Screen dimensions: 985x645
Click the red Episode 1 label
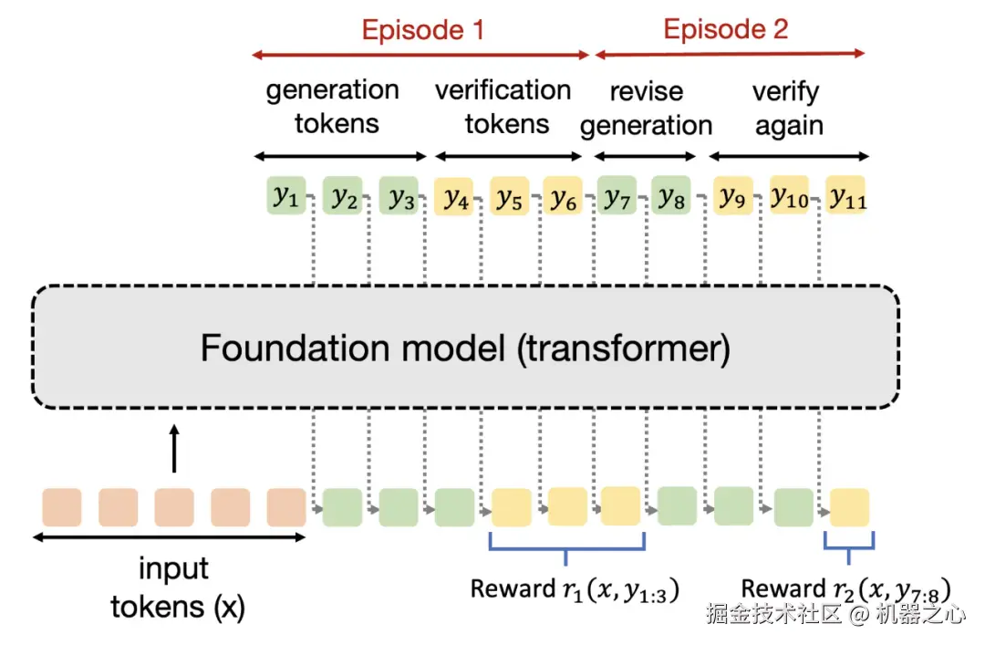pyautogui.click(x=423, y=30)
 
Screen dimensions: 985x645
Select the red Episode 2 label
pyautogui.click(x=726, y=29)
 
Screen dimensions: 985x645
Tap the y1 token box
pyautogui.click(x=285, y=195)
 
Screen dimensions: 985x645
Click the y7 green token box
pyautogui.click(x=617, y=195)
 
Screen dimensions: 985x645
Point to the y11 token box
pyautogui.click(x=845, y=195)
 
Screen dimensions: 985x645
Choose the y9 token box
pyautogui.click(x=733, y=196)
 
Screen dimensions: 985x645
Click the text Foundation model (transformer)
pyautogui.click(x=465, y=348)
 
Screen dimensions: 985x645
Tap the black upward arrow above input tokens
pyautogui.click(x=174, y=448)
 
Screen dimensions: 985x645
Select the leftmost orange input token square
pyautogui.click(x=62, y=506)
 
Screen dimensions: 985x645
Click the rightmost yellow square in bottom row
pyautogui.click(x=849, y=506)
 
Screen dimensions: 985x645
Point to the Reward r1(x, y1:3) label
pyautogui.click(x=575, y=589)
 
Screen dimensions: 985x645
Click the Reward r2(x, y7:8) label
pyautogui.click(x=845, y=589)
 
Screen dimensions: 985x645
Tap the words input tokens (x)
pyautogui.click(x=177, y=588)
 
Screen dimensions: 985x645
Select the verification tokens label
pyautogui.click(x=503, y=107)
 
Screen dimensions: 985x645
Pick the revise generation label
pyautogui.click(x=647, y=109)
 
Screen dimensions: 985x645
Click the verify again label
pyautogui.click(x=788, y=109)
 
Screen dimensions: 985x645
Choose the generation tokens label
pyautogui.click(x=334, y=106)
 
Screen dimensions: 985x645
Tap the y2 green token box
pyautogui.click(x=342, y=195)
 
